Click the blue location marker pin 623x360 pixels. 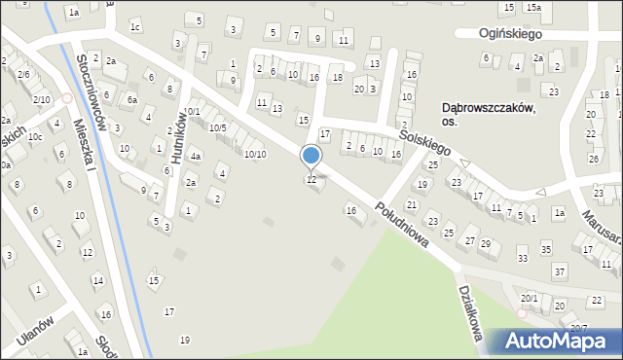(311, 157)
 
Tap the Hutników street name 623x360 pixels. (175, 145)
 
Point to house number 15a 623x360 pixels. (534, 8)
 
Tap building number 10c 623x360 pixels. (35, 137)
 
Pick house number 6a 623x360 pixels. (131, 99)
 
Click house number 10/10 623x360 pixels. (255, 154)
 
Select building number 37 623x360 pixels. (559, 271)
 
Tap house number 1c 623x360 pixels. (135, 26)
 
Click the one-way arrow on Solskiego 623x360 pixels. (463, 163)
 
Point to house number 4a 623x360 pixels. (196, 157)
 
